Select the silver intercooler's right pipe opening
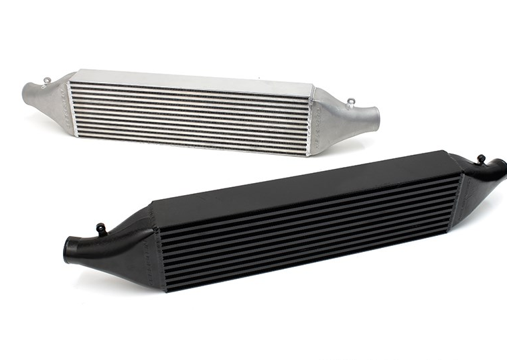[x=376, y=118]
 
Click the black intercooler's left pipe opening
[x=69, y=250]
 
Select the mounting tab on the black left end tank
[x=101, y=228]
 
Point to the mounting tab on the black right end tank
[x=480, y=159]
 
